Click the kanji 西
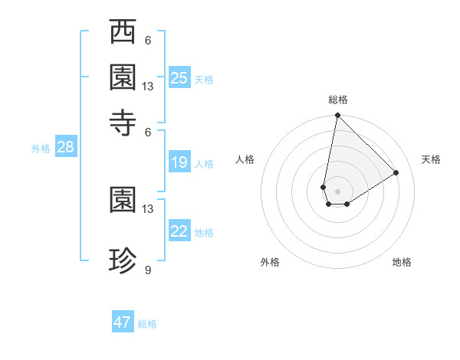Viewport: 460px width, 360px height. [123, 33]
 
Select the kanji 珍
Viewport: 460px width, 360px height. [123, 262]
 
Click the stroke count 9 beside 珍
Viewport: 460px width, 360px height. [147, 270]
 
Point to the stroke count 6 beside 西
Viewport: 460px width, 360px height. [147, 41]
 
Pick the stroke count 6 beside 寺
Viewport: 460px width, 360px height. [147, 133]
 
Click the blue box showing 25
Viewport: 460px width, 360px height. [179, 78]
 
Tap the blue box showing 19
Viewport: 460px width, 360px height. [179, 162]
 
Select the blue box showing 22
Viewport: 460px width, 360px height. [179, 232]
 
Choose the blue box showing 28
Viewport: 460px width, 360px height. [65, 148]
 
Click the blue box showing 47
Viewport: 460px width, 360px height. [123, 322]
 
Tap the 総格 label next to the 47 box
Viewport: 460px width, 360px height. [147, 324]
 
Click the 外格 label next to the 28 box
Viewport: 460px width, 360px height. [41, 149]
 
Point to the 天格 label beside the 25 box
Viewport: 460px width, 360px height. [204, 80]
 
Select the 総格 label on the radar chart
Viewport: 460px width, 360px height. [337, 100]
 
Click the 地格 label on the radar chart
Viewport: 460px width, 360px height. [402, 262]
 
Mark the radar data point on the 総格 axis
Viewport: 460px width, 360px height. [337, 116]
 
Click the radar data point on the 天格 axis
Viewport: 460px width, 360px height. [396, 172]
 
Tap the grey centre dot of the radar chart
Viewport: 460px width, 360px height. [337, 191]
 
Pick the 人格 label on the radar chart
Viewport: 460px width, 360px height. [245, 159]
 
